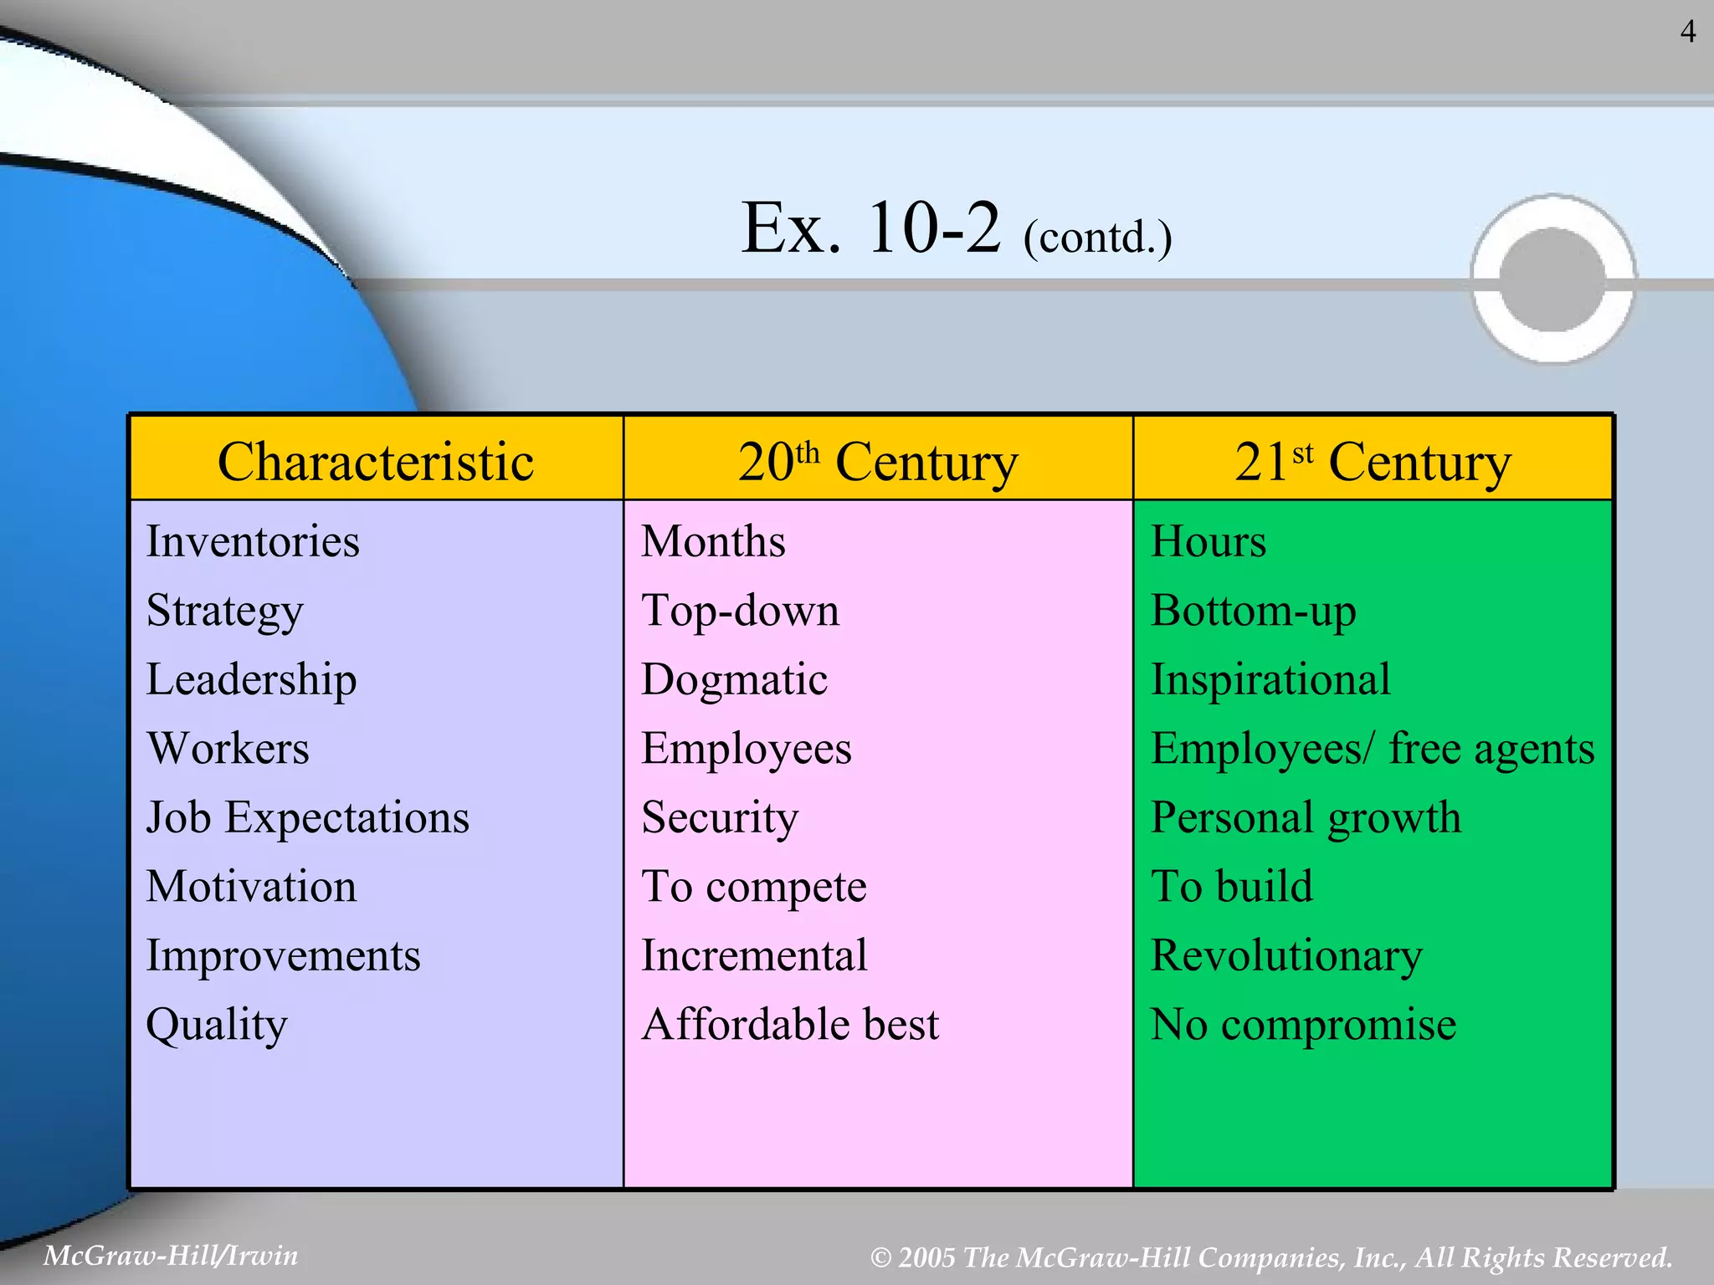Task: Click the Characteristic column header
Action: [x=376, y=461]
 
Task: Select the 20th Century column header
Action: [x=877, y=461]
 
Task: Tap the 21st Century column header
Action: [x=1373, y=461]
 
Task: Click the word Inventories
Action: [x=253, y=541]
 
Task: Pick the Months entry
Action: [x=713, y=541]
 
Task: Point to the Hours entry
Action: [x=1208, y=541]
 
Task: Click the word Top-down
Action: [x=740, y=611]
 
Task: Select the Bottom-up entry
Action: [x=1253, y=611]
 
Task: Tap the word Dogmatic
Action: [x=734, y=679]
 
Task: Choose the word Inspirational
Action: [x=1270, y=679]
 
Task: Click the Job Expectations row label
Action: [x=307, y=817]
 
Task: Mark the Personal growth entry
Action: [x=1306, y=817]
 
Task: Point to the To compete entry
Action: [x=753, y=887]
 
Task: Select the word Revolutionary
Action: [x=1286, y=955]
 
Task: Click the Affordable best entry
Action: [x=790, y=1024]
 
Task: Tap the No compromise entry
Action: [x=1303, y=1024]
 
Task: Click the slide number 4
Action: [x=1688, y=32]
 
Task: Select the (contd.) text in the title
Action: [x=1097, y=238]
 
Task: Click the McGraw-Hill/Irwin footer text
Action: [x=171, y=1256]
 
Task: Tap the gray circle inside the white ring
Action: [x=1552, y=279]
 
